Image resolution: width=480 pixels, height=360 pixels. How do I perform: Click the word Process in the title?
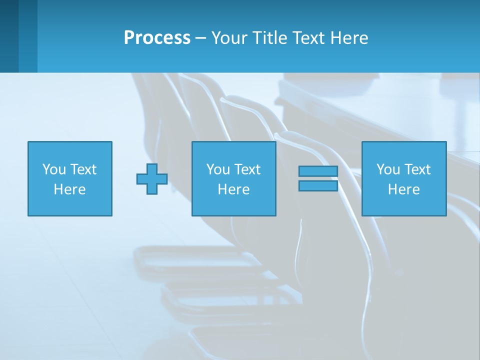click(x=157, y=38)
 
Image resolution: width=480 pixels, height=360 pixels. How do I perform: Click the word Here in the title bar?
click(x=350, y=38)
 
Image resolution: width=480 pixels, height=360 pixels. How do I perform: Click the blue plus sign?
click(x=152, y=179)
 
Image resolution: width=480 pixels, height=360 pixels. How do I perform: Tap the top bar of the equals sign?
click(x=318, y=171)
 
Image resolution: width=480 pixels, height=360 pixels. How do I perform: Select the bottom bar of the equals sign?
click(x=318, y=186)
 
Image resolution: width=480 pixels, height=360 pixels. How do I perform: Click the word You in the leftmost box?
click(x=54, y=169)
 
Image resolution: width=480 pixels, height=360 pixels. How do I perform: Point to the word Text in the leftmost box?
click(x=83, y=169)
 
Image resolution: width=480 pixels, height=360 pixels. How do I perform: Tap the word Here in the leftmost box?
click(x=69, y=189)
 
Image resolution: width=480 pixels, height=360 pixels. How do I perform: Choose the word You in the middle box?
click(x=218, y=169)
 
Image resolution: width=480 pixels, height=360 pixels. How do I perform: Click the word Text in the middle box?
click(x=247, y=169)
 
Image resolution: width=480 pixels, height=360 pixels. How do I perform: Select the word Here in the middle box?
click(x=233, y=189)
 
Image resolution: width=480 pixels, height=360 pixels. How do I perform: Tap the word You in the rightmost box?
click(x=388, y=169)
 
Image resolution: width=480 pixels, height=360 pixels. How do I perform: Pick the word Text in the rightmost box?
click(x=417, y=169)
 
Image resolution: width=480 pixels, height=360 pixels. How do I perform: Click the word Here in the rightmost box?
click(x=403, y=189)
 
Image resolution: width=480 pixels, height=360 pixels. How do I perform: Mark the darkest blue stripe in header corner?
click(x=9, y=36)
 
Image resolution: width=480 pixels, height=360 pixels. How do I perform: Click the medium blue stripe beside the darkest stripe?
click(x=28, y=36)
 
